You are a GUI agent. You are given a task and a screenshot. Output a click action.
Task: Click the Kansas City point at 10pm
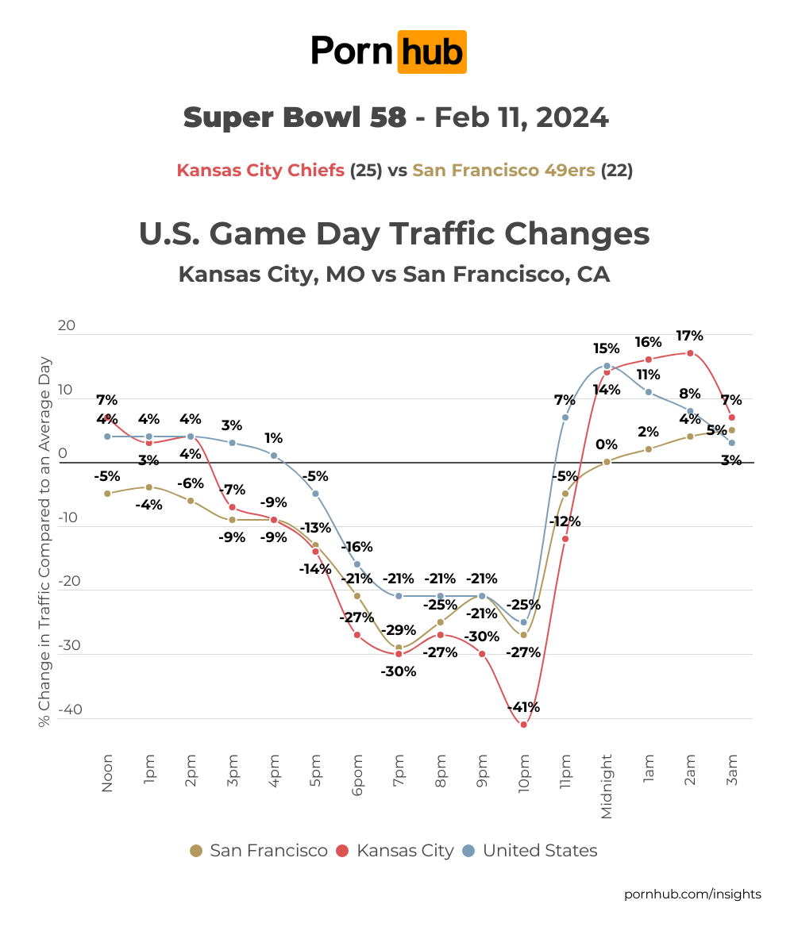click(x=523, y=724)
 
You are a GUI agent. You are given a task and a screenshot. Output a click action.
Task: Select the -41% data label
click(x=523, y=707)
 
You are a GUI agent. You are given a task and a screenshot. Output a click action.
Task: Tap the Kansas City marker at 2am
click(x=690, y=353)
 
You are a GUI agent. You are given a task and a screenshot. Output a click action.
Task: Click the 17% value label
click(x=689, y=336)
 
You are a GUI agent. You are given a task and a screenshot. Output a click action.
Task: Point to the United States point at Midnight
click(x=607, y=366)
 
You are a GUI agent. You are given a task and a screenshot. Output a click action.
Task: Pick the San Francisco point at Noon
click(x=107, y=494)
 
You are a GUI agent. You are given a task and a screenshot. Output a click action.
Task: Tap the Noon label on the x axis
click(x=107, y=774)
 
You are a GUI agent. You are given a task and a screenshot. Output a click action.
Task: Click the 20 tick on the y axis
click(x=67, y=325)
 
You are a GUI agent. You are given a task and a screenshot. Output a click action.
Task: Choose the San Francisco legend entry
click(x=258, y=851)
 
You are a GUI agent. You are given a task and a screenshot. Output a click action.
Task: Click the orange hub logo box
click(x=431, y=52)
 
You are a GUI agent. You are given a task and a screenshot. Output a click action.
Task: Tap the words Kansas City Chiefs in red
click(x=260, y=171)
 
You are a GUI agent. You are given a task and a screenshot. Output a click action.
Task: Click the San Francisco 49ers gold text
click(x=503, y=171)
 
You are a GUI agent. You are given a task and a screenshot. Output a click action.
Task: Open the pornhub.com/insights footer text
click(x=692, y=894)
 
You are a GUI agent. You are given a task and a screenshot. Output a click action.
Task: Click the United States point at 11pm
click(x=565, y=417)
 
